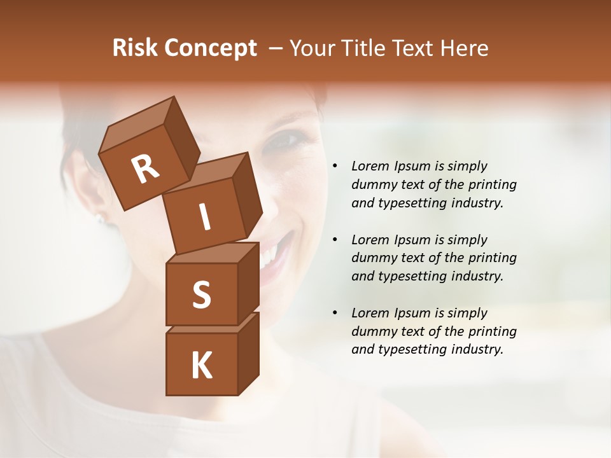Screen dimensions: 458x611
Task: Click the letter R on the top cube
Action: coord(145,169)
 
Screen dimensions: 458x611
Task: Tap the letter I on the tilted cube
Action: coord(204,218)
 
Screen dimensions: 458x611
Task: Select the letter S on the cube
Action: coord(201,295)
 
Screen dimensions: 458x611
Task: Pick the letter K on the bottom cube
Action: coord(201,366)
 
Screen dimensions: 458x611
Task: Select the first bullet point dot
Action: coord(335,167)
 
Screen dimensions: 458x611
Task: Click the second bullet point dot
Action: coord(335,240)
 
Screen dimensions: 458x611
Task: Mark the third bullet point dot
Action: coord(335,314)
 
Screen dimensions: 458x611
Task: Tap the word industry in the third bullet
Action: coord(473,349)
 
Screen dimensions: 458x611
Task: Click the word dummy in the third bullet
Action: coord(372,331)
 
